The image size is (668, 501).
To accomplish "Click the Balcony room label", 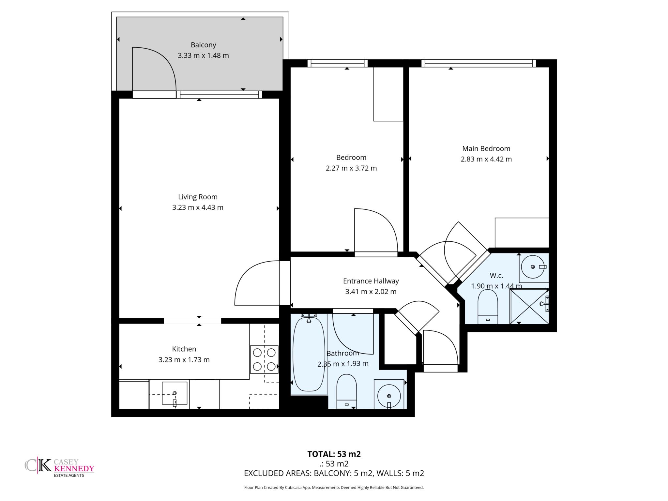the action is tap(203, 45).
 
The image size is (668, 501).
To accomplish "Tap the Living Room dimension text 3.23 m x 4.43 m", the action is tap(198, 207).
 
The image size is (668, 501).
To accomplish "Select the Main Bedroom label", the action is tap(486, 148).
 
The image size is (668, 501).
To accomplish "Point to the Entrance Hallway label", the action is tap(371, 281).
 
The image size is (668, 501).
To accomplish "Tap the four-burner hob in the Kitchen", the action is tap(264, 359).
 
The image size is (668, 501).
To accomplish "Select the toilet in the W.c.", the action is tap(488, 306).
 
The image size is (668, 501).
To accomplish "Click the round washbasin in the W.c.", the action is tap(533, 267).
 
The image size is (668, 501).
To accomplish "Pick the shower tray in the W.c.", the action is tap(529, 306).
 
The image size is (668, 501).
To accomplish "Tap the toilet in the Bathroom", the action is tap(346, 391).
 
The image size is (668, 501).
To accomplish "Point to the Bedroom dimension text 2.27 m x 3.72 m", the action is tap(351, 168).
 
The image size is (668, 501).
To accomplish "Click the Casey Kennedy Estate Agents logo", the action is tap(59, 468).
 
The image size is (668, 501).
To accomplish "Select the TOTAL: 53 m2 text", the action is tap(334, 454).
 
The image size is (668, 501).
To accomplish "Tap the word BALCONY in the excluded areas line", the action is tap(333, 473).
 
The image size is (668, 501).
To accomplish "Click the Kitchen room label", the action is tap(184, 349).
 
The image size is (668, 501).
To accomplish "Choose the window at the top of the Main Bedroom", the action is tap(478, 63).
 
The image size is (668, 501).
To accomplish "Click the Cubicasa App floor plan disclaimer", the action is tap(334, 488).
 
